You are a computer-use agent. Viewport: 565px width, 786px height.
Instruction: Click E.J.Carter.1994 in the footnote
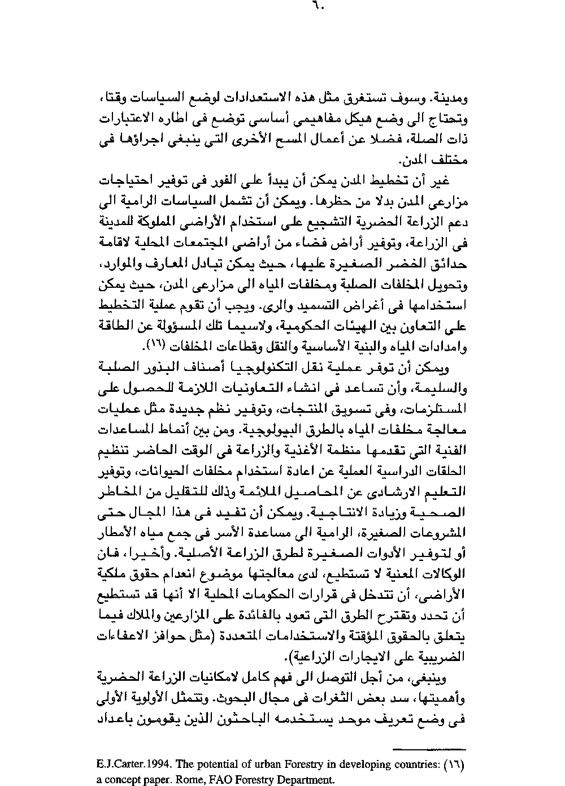click(x=134, y=765)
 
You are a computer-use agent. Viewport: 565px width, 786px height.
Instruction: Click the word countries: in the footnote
click(x=414, y=765)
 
